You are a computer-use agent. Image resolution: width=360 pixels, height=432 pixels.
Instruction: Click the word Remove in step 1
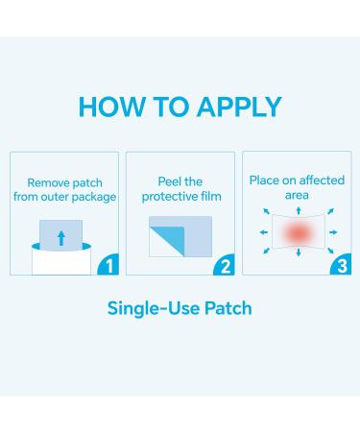[x=49, y=181]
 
